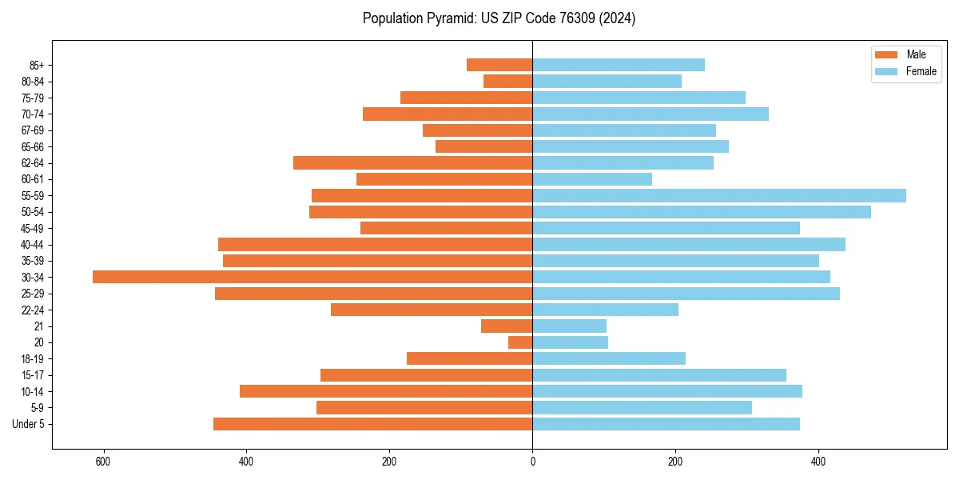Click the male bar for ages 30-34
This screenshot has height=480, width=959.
312,277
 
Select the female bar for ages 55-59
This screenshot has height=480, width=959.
719,195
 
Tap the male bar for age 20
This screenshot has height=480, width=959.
520,342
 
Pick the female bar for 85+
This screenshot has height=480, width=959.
619,65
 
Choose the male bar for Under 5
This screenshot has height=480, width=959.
372,424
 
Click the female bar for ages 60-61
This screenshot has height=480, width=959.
592,179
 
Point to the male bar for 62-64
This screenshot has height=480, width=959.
412,162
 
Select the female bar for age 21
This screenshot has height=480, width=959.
569,326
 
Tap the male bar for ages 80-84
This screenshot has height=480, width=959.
508,81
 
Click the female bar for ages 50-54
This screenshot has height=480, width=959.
702,212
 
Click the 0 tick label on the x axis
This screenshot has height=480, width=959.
532,462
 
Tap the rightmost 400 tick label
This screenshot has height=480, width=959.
818,462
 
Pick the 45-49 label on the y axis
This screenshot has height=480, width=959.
32,228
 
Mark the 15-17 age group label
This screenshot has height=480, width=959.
32,375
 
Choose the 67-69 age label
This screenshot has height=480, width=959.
32,130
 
